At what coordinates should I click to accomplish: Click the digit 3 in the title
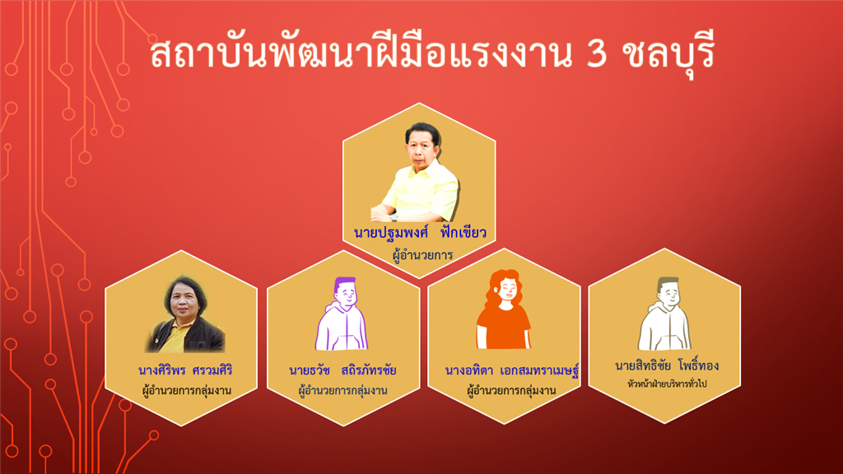(596, 54)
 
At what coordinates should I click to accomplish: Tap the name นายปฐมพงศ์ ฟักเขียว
(420, 232)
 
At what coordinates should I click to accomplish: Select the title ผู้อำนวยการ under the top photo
(422, 255)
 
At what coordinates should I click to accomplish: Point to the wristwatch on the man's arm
(394, 216)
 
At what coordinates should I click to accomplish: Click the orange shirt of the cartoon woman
(503, 327)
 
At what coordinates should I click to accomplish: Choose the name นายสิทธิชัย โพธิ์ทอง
(667, 365)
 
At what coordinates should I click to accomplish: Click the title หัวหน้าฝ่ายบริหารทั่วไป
(667, 383)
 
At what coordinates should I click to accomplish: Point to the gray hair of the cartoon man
(668, 281)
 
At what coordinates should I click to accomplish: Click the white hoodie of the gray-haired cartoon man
(664, 326)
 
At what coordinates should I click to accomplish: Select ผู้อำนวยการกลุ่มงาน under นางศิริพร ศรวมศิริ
(187, 390)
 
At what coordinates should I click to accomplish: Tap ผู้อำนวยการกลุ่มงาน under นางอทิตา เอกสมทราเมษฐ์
(511, 390)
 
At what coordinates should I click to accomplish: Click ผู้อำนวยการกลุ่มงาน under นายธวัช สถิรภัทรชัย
(342, 390)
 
